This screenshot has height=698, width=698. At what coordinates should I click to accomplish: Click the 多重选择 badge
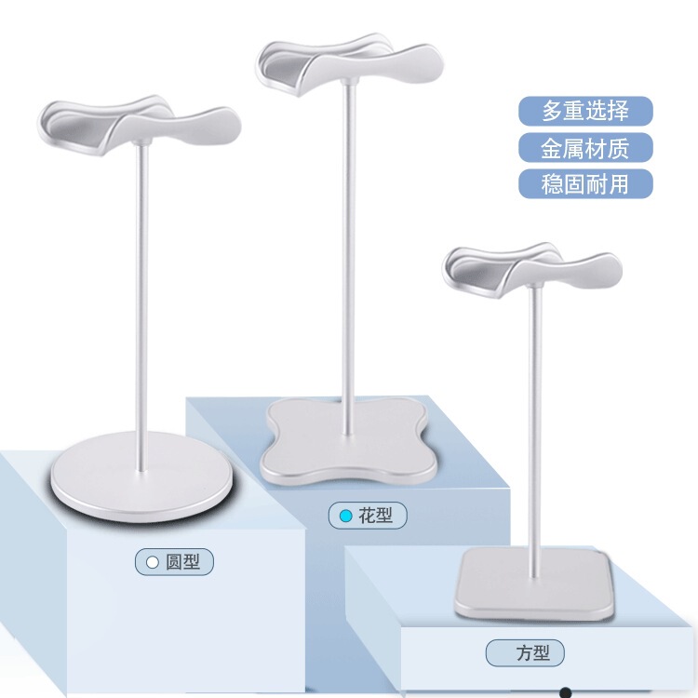click(x=585, y=112)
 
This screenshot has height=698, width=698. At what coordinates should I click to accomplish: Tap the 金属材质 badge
click(x=585, y=147)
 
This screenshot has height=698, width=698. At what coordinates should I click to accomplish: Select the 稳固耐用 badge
click(x=585, y=183)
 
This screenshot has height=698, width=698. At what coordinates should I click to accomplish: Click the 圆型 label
click(x=174, y=561)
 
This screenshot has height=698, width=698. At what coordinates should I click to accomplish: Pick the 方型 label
click(x=524, y=653)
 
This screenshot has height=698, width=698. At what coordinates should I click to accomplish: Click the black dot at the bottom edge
click(x=564, y=692)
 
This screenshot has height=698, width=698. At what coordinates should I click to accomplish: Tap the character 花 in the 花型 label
click(x=368, y=516)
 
